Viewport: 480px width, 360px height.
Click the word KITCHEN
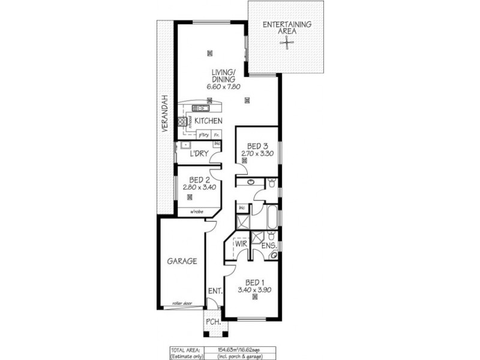(x=209, y=121)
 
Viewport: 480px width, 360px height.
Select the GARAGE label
(x=181, y=262)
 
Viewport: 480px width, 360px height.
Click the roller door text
(x=181, y=304)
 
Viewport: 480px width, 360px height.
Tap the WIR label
(x=241, y=244)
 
